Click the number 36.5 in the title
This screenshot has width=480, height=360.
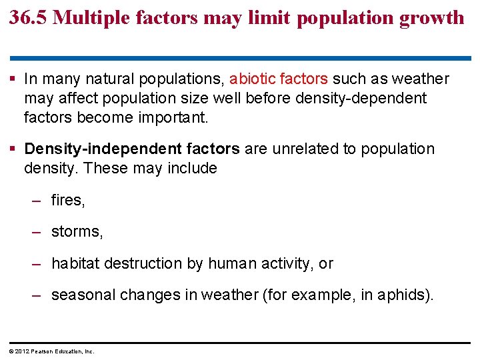[28, 17]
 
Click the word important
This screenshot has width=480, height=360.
[175, 118]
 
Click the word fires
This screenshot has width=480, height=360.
[67, 200]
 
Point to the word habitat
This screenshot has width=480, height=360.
[74, 264]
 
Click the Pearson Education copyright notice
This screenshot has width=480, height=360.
[52, 351]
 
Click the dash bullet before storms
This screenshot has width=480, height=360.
[38, 232]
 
